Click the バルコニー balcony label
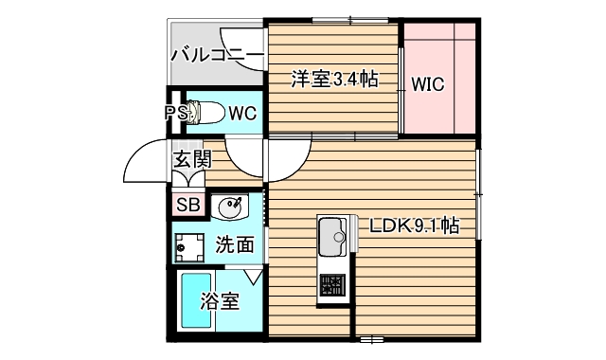coord(216,54)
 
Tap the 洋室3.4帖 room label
coord(334,80)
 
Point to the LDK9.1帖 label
coord(415,226)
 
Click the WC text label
coord(242,114)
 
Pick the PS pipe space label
coord(175,114)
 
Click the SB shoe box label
coord(187,204)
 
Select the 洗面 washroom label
coord(235,244)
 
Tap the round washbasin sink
coord(231,205)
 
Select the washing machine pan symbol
coord(190,246)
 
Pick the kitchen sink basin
coord(332,232)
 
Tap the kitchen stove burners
coord(332,284)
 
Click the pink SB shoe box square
coord(187,204)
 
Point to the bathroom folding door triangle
coord(251,276)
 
